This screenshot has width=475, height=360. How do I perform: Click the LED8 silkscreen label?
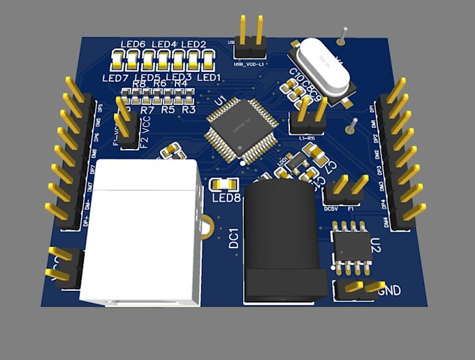point(226,198)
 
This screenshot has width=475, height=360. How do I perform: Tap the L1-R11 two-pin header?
point(307,120)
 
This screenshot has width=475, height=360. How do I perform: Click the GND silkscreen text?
point(390,289)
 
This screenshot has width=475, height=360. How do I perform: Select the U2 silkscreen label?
point(377,245)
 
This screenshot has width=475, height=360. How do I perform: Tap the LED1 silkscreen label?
point(209,77)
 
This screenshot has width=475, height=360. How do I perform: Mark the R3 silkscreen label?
point(189,110)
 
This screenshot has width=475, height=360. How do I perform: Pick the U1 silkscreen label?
point(221,103)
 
